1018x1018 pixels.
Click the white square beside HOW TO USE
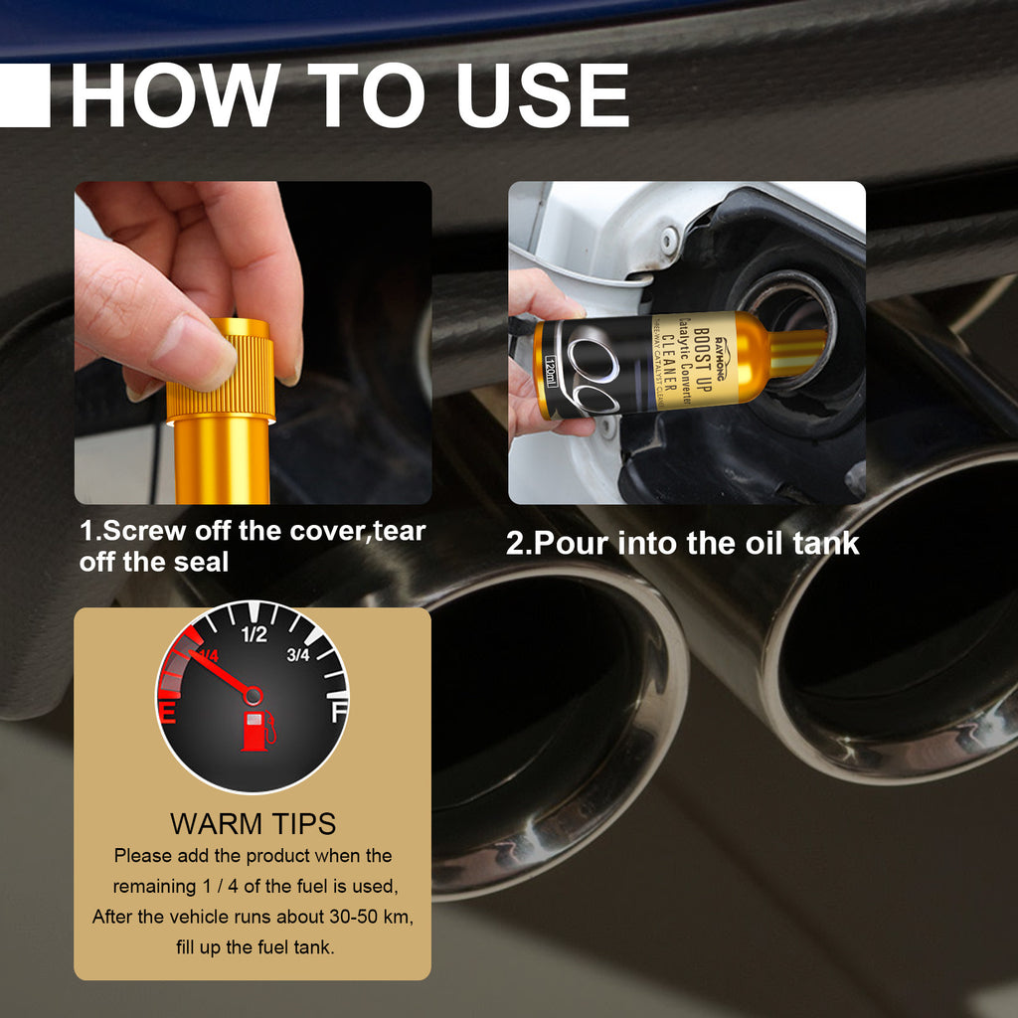pyautogui.click(x=24, y=95)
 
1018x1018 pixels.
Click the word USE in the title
pyautogui.click(x=542, y=95)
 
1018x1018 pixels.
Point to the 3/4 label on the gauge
pyautogui.click(x=298, y=654)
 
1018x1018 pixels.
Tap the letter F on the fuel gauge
pyautogui.click(x=339, y=711)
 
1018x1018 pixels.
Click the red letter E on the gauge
pyautogui.click(x=170, y=712)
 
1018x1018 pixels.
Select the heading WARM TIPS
pyautogui.click(x=253, y=824)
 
